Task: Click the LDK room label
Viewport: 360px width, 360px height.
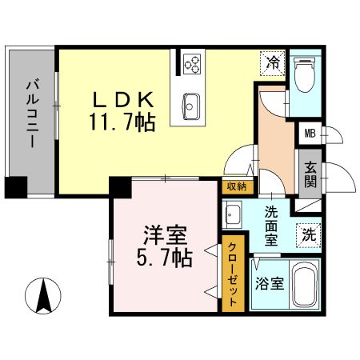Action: click(121, 101)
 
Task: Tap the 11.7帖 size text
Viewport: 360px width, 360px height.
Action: click(122, 122)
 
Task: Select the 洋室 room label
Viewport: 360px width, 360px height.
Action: click(165, 236)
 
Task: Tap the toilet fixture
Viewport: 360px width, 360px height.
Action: click(305, 76)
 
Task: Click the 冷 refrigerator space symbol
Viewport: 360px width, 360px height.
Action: click(273, 62)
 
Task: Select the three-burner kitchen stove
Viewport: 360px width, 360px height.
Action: click(192, 63)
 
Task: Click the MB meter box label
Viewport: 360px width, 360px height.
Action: click(309, 135)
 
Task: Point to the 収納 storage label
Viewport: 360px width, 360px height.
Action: click(234, 187)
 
